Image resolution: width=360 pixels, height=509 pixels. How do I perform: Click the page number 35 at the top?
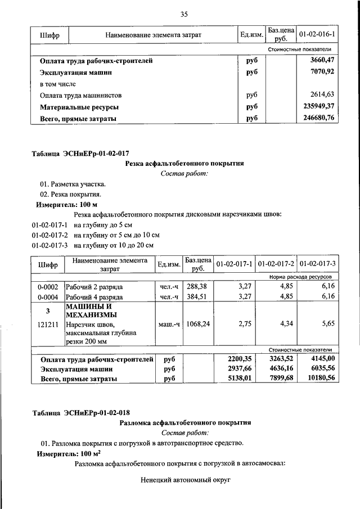183,15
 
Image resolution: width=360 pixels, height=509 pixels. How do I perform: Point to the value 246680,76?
318,118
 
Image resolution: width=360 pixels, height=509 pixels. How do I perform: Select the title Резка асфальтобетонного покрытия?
183,164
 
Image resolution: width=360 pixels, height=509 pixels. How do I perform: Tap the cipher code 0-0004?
48,296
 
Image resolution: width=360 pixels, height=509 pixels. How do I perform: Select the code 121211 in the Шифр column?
48,325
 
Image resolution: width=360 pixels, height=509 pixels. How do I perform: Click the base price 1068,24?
199,325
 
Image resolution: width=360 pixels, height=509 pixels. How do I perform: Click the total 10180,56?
318,379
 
